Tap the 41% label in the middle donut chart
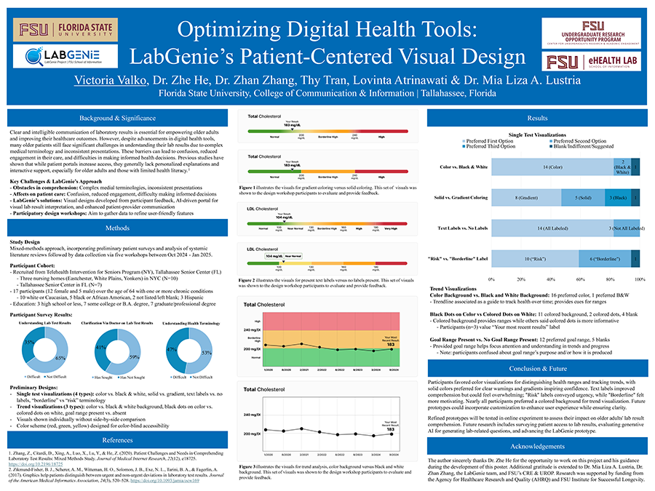pyautogui.click(x=100, y=348)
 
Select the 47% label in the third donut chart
pyautogui.click(x=172, y=350)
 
